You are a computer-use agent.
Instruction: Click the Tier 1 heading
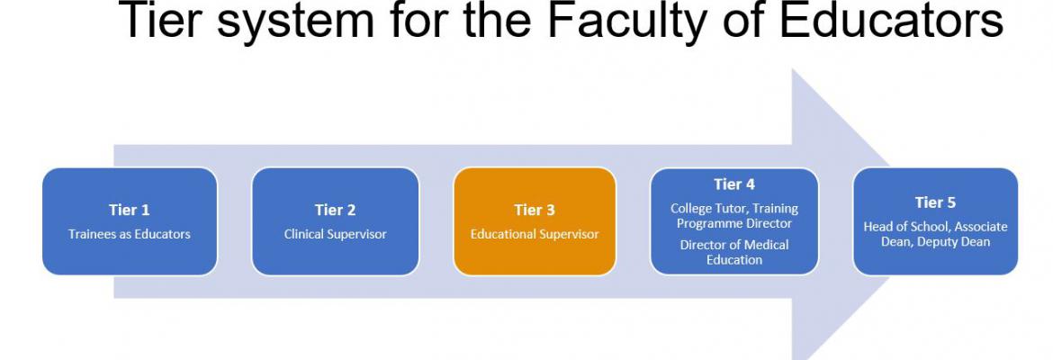130,211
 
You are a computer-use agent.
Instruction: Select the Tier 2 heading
335,211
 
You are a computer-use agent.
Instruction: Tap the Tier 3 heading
535,211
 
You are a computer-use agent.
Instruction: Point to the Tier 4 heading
734,184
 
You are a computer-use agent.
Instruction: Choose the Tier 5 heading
935,202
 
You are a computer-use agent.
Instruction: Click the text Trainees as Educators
130,234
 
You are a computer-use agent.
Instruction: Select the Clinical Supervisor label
335,234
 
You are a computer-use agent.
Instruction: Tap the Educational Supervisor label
535,234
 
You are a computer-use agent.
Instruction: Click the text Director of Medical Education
734,252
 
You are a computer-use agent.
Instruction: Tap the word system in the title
295,22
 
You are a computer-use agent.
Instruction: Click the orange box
535,221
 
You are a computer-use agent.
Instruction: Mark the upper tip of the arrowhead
793,69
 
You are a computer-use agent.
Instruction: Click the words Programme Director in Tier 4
734,224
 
